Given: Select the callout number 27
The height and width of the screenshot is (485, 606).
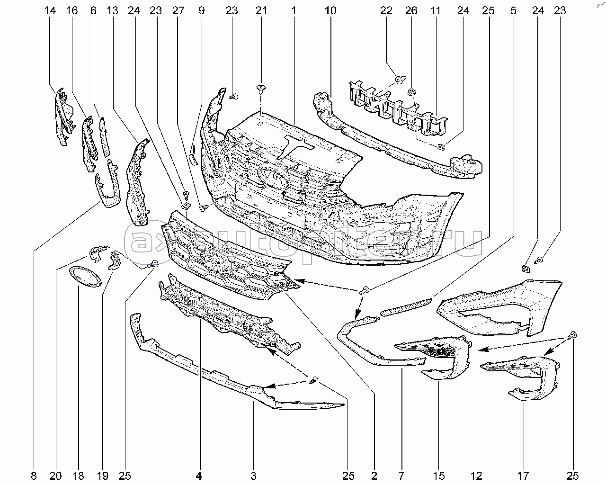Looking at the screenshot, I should [177, 10].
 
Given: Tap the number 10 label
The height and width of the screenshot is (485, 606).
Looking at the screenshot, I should [331, 10].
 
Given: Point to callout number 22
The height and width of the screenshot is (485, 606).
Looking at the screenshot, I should [386, 10].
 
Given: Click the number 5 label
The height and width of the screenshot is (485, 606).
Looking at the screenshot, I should [514, 10].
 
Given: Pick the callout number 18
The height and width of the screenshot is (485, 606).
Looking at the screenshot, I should [79, 475].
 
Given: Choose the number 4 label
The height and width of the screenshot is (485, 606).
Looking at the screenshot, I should [200, 475].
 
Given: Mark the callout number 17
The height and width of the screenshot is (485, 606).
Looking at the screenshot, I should [524, 475].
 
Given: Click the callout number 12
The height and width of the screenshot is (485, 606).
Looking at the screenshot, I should [477, 475].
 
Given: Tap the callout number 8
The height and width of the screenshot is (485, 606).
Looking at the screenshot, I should [33, 475].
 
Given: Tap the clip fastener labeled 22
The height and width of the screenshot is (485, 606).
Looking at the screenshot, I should [399, 80].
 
